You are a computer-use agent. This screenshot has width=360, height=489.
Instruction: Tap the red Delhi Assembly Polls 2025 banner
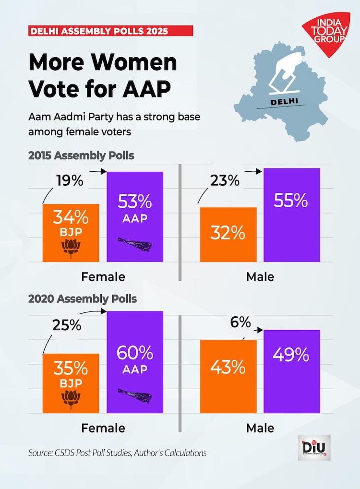point(110,31)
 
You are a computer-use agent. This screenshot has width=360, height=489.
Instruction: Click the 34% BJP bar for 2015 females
point(71,233)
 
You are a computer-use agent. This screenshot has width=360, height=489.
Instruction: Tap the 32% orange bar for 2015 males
point(228,235)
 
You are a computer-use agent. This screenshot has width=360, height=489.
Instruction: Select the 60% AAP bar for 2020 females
point(135,362)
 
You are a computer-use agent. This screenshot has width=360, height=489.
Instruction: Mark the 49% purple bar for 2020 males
point(291,371)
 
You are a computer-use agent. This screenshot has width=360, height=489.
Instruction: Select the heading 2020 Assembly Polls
point(83,299)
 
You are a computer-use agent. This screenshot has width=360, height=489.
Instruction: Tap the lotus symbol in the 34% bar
point(71,248)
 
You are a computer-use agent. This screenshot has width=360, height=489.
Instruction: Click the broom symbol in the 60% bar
point(135,394)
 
